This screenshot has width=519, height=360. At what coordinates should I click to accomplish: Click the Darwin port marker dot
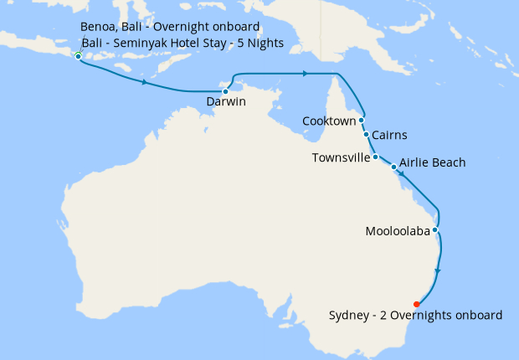(x=225, y=91)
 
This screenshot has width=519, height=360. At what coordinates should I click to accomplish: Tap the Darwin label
(x=225, y=104)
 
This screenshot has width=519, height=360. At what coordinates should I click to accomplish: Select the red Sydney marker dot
(x=417, y=304)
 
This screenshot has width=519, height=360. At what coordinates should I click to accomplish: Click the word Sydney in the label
(x=348, y=316)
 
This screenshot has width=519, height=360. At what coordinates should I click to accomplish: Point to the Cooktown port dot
(x=362, y=120)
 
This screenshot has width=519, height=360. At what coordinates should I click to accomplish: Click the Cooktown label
(x=330, y=121)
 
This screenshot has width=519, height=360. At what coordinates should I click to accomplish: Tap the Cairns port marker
(x=366, y=134)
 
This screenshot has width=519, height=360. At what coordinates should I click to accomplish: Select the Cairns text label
(x=390, y=135)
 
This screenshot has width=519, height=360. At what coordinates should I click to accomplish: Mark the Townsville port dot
(x=375, y=157)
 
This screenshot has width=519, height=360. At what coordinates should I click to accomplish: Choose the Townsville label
(x=341, y=157)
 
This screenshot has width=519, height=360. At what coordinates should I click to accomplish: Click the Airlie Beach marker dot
(x=393, y=167)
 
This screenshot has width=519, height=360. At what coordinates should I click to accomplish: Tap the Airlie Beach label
(x=433, y=162)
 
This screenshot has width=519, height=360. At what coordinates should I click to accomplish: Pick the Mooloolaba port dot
(x=435, y=229)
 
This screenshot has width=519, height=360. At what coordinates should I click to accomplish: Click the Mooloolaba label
(x=398, y=230)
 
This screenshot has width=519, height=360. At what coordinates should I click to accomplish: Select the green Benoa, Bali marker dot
(x=78, y=56)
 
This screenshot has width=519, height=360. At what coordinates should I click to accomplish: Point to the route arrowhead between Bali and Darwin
(x=146, y=83)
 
